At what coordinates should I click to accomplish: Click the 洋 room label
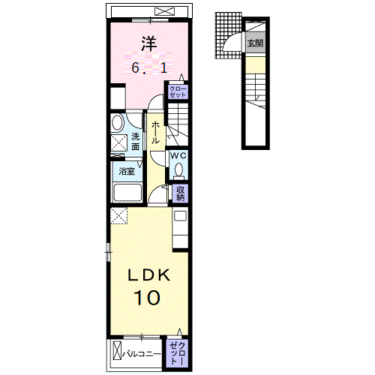(x=149, y=43)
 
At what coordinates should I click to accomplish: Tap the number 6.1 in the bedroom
(x=149, y=67)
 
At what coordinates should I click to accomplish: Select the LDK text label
(x=149, y=275)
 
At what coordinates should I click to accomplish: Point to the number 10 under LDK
(x=147, y=298)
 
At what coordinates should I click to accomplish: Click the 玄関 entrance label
(x=255, y=43)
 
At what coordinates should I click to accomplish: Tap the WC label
(x=178, y=155)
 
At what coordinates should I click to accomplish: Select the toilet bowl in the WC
(x=178, y=169)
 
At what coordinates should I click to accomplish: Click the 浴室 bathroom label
(x=127, y=171)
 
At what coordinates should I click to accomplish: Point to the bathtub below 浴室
(x=127, y=193)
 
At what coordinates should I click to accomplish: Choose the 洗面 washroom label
(x=135, y=142)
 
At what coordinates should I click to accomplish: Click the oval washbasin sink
(x=118, y=122)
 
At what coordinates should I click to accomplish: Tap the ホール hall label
(x=155, y=132)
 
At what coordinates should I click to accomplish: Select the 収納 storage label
(x=180, y=193)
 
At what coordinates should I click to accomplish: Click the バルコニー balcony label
(x=142, y=354)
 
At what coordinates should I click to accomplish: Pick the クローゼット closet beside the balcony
(x=177, y=353)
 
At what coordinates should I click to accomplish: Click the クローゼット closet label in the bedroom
(x=178, y=92)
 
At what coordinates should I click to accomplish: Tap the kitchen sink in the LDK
(x=180, y=215)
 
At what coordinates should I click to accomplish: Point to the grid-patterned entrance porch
(x=229, y=35)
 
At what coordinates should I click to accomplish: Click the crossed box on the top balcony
(x=164, y=11)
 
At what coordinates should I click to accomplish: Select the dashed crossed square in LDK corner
(x=118, y=216)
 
